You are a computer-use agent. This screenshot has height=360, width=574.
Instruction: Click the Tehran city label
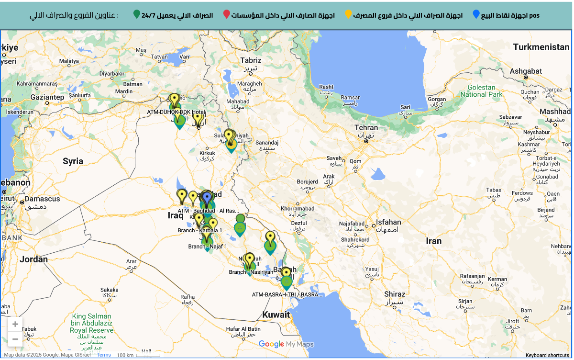(x=366, y=127)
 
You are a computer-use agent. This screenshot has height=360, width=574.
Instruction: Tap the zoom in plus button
(x=15, y=325)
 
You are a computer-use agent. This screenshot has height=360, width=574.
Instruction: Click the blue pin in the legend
(x=476, y=14)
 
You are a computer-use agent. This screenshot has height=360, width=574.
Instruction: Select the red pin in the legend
(x=227, y=14)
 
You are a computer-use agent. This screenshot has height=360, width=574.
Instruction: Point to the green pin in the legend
(x=137, y=14)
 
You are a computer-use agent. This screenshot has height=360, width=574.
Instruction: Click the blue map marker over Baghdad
(x=207, y=198)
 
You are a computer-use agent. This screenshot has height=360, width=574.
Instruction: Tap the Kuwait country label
(x=276, y=315)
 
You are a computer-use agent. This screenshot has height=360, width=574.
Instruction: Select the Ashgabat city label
(x=525, y=71)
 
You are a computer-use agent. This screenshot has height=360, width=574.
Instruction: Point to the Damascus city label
(x=42, y=199)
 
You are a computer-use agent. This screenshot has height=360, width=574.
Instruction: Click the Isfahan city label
(x=388, y=222)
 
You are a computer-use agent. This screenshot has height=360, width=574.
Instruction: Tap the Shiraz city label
(x=394, y=294)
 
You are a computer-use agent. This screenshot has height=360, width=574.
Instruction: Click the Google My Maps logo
(x=286, y=344)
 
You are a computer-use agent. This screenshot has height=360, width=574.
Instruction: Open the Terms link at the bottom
(x=104, y=355)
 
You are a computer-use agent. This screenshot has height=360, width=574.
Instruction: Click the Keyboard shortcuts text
(x=547, y=355)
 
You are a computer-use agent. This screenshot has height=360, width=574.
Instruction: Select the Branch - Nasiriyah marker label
(x=251, y=272)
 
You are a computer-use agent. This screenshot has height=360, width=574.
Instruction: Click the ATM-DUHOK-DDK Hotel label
(x=176, y=112)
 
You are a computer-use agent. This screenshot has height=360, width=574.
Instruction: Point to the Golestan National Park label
(x=481, y=91)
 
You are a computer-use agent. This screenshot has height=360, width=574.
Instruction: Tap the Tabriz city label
(x=251, y=60)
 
